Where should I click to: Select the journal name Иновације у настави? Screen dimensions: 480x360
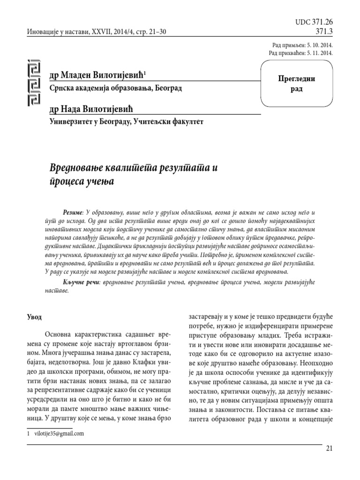click(52, 32)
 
